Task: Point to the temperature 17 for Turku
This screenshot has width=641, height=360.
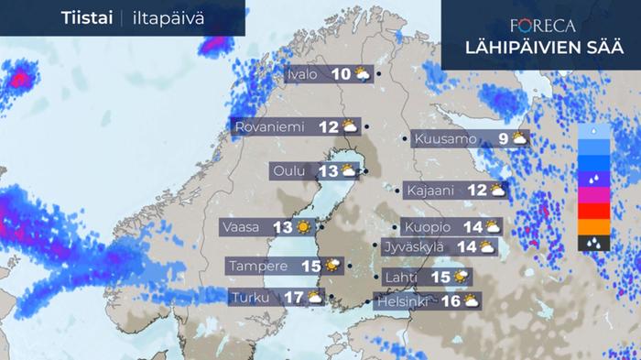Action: point(293,297)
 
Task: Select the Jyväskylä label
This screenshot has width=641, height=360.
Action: point(417,245)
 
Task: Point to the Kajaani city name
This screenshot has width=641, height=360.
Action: point(434,191)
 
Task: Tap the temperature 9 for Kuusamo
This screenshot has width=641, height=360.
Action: point(504,139)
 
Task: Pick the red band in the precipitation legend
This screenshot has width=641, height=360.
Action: point(594,211)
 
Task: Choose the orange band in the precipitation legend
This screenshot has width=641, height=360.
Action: point(594,226)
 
